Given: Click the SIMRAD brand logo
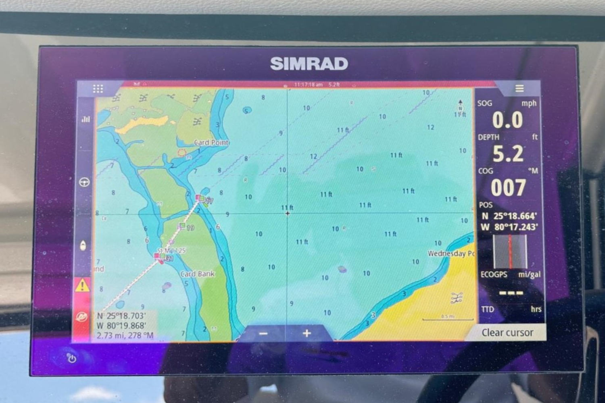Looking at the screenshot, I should point(309,64).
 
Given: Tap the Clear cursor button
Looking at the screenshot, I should point(507,332).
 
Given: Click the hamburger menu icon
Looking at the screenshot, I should point(519,89).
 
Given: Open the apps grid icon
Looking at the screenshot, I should point(98,89).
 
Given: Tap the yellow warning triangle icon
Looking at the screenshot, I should point(82,286).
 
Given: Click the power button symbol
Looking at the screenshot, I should point(72,358).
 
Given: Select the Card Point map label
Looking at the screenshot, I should point(211,142).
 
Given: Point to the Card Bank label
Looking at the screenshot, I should point(198,274).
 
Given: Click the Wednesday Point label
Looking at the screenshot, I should point(451,253).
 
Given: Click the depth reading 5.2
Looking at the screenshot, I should point(508,154).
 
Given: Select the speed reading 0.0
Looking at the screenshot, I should point(507,120).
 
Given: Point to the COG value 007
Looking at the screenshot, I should point(508,188).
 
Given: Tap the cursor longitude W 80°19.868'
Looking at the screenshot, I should point(121,326).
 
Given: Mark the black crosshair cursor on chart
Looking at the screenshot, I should point(287,213).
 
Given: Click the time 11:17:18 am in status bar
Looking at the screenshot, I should point(308,85).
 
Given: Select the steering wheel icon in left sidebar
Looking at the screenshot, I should point(84,182).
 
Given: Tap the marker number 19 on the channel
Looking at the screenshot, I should point(190,228).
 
